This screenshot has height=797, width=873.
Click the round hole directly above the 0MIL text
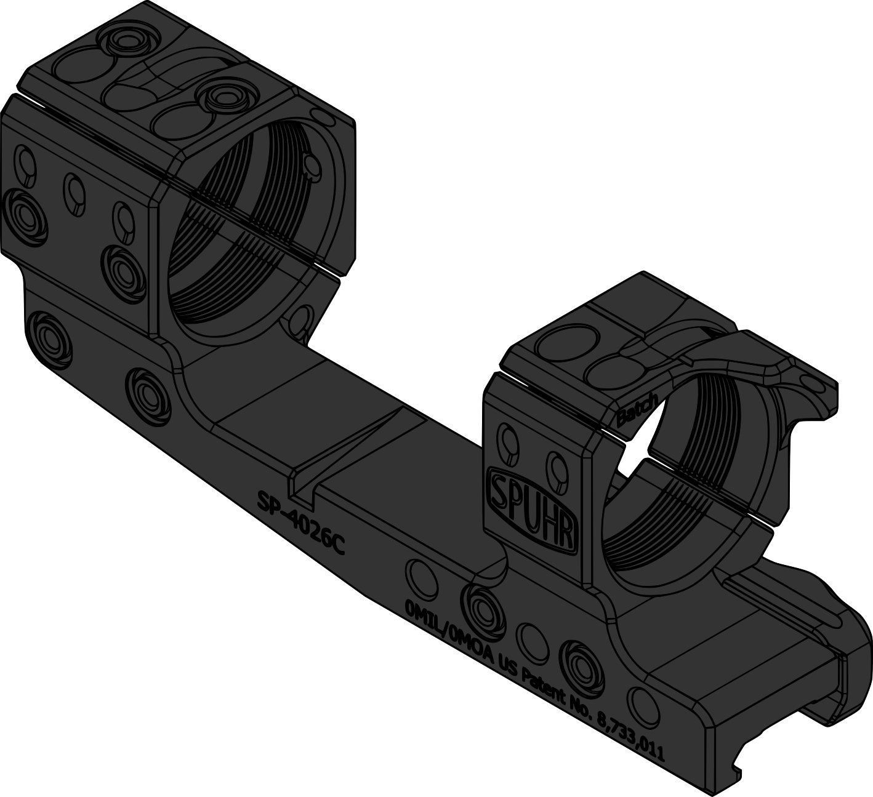tap(420, 576)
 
